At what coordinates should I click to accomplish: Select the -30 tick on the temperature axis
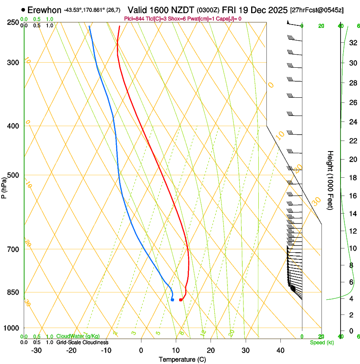point(36,350)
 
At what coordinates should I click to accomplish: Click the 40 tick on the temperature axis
point(280,350)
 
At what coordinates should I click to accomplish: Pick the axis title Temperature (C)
point(182,359)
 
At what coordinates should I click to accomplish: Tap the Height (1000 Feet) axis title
point(331,180)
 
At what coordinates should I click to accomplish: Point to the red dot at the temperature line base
point(181,300)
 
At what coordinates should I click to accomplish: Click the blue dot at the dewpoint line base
point(172,300)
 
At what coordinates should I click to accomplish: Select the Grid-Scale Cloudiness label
point(82,342)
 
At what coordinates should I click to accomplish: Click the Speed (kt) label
point(322,342)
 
